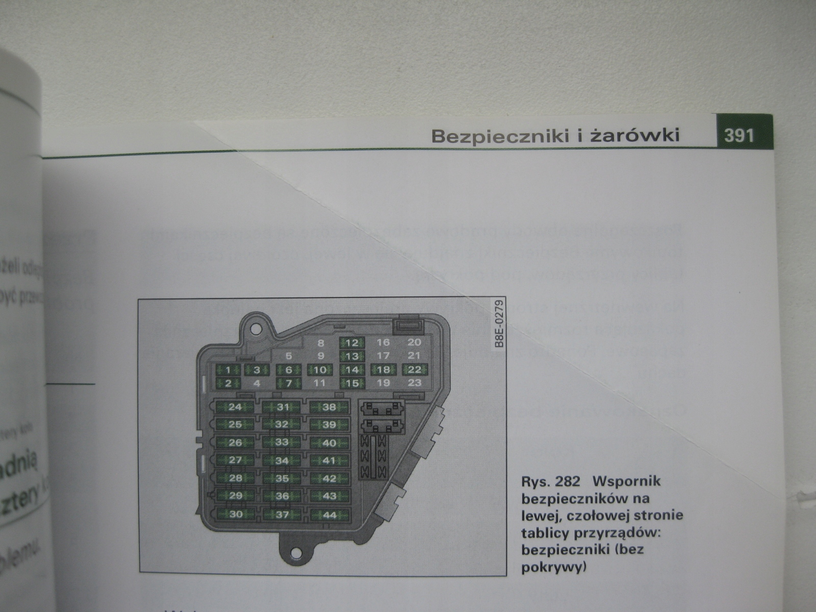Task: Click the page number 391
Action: click(x=738, y=136)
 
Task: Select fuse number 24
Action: click(x=235, y=407)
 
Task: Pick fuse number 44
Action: click(x=329, y=515)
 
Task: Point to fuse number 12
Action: click(x=352, y=343)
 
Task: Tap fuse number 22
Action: click(x=415, y=369)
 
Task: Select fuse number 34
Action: click(x=282, y=461)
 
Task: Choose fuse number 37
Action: click(x=282, y=515)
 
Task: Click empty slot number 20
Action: click(x=415, y=343)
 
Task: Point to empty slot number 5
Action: click(x=289, y=356)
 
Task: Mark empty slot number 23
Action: click(x=415, y=382)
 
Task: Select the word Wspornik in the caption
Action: click(x=628, y=481)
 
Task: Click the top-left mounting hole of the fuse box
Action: click(x=258, y=324)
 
